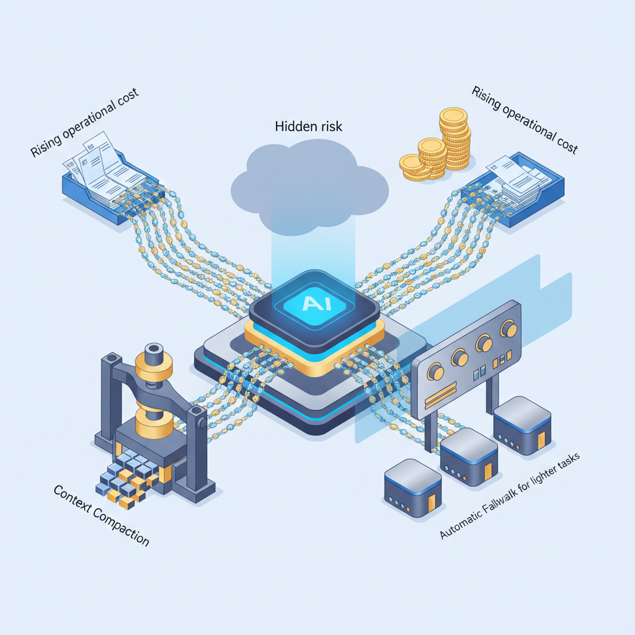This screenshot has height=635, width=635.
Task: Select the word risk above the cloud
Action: (x=329, y=126)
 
